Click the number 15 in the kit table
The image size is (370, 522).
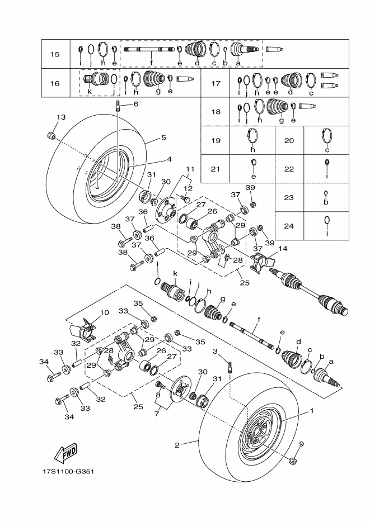click(x=55, y=54)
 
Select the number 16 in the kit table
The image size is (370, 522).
click(x=55, y=83)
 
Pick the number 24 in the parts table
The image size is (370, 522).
click(x=289, y=226)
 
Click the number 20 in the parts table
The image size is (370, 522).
click(x=289, y=140)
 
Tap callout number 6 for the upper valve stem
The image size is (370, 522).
click(x=135, y=104)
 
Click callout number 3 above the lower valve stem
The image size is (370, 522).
click(x=214, y=351)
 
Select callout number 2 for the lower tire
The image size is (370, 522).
click(x=177, y=445)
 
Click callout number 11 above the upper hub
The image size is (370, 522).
click(x=190, y=168)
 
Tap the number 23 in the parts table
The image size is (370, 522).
click(x=289, y=197)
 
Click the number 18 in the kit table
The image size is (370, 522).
click(x=216, y=111)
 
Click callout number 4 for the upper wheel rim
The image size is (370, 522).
click(x=169, y=159)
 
